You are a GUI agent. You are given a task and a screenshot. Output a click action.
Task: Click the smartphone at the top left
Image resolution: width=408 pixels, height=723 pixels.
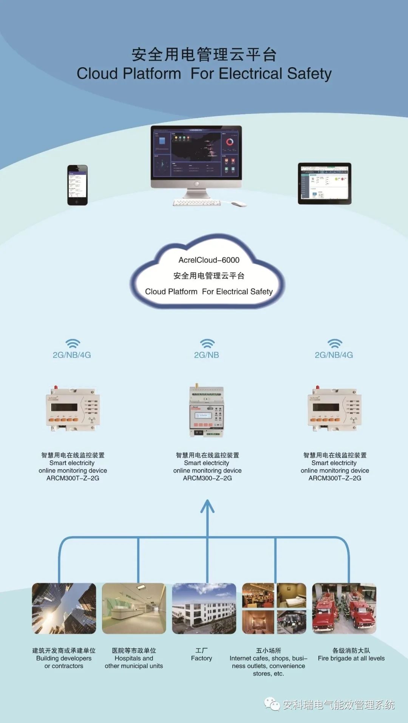(77, 185)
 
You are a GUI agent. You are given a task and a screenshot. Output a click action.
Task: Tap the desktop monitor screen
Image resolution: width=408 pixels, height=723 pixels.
(196, 152)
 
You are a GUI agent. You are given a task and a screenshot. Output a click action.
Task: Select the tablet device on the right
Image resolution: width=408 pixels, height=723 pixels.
(325, 183)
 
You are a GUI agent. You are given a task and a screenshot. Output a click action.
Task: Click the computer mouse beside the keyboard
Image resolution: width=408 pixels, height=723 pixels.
(239, 204)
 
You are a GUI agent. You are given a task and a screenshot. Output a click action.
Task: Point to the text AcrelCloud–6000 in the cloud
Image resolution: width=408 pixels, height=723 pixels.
(209, 260)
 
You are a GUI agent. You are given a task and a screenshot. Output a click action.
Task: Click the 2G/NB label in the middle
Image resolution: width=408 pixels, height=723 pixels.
(206, 355)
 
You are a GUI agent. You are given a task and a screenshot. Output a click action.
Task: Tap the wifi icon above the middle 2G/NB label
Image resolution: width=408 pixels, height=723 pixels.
(207, 343)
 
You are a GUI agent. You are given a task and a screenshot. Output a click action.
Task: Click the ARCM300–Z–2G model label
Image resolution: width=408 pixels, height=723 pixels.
(207, 478)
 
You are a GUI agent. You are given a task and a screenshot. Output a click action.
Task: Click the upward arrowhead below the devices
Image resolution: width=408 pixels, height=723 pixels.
(207, 506)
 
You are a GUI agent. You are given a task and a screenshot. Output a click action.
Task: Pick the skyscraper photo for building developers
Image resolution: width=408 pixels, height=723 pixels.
(64, 608)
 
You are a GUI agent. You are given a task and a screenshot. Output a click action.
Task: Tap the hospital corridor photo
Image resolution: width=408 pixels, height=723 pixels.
(134, 608)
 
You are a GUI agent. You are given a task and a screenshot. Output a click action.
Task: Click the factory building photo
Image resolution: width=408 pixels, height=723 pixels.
(204, 608)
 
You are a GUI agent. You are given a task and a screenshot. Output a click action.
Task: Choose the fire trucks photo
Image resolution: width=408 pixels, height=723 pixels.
(344, 608)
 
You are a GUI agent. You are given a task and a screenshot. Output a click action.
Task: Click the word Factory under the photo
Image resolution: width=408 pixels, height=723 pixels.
(201, 658)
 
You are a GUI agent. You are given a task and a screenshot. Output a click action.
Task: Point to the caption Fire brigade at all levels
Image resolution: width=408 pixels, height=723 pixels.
(351, 658)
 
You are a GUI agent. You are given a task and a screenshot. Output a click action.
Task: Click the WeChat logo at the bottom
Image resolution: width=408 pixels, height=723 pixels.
(272, 704)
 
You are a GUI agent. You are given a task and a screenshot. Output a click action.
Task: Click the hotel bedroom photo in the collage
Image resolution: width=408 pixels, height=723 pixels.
(292, 595)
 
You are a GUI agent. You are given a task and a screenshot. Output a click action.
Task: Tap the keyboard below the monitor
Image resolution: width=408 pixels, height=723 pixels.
(197, 203)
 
